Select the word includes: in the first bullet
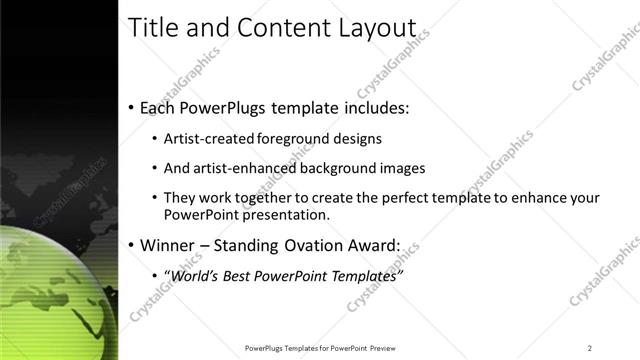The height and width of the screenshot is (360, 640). point(375,106)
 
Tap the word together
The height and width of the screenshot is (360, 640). point(261,199)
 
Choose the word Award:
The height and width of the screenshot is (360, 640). point(373,245)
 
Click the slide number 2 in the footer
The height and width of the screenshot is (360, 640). point(590,348)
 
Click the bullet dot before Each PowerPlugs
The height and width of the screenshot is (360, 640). point(132,107)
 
